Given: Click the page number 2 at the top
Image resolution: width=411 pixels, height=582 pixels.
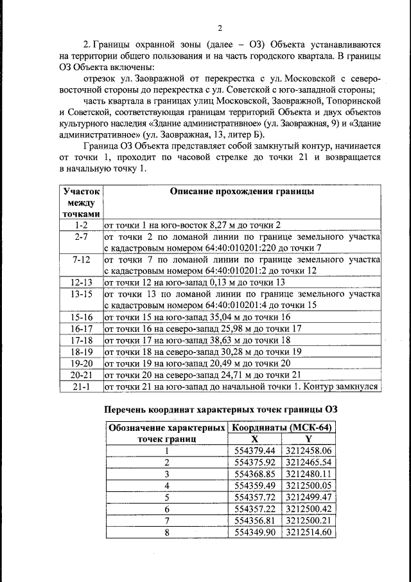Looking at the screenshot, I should (x=219, y=28).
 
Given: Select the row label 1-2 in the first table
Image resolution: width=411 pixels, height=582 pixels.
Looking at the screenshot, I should (x=80, y=224).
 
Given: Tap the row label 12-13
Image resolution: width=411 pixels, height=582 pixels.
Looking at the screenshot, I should (x=80, y=282).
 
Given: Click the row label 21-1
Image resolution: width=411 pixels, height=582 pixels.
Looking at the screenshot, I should (x=80, y=386).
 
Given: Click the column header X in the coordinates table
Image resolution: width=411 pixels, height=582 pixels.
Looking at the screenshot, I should (x=255, y=439).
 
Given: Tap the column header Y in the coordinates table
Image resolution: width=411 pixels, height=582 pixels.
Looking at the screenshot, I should (x=308, y=439).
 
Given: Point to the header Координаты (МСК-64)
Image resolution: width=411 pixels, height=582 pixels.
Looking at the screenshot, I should (x=282, y=428).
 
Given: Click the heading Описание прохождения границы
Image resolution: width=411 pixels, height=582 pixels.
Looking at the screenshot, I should (x=241, y=191).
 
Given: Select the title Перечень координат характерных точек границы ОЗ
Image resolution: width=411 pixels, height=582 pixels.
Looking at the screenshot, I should (x=221, y=410).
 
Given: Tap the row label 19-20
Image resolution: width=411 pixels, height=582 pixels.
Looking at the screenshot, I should (x=80, y=363).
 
